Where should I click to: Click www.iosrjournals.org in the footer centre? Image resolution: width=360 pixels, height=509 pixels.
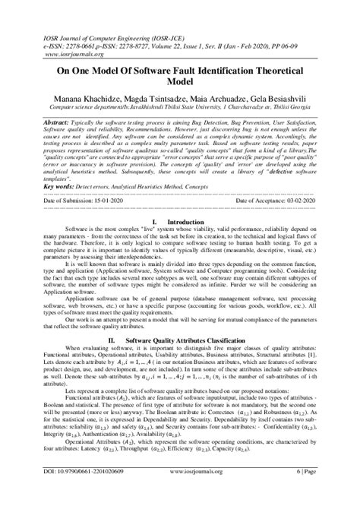point(193,493)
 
